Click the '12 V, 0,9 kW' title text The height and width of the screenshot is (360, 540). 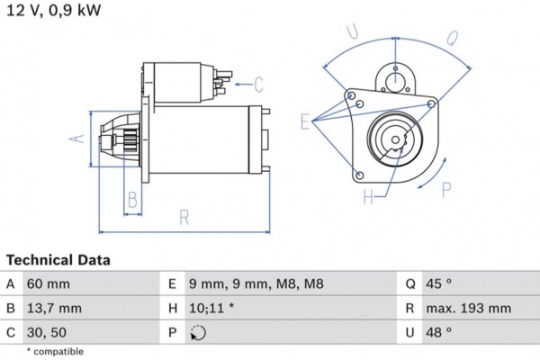[53, 12]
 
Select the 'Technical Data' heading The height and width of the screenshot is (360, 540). [58, 260]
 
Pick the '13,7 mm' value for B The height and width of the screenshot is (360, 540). [57, 308]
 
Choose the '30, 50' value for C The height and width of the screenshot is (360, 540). [49, 332]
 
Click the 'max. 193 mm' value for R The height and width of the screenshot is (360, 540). [470, 308]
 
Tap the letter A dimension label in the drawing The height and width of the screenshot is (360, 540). [77, 138]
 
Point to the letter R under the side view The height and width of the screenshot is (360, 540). [184, 216]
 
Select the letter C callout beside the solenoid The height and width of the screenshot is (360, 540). [258, 85]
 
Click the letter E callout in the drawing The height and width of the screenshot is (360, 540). [305, 121]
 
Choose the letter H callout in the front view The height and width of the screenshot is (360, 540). [368, 197]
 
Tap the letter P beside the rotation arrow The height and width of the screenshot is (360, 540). [447, 189]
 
